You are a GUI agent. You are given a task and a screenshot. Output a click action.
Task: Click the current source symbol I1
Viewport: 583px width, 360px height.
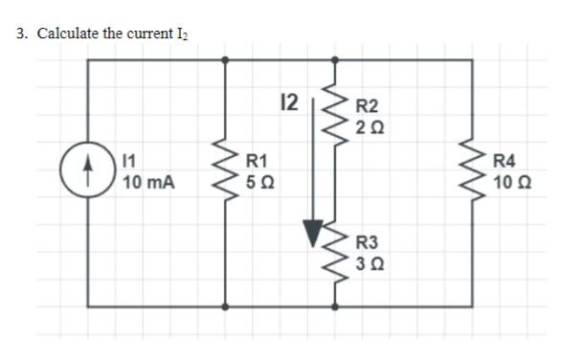point(88,174)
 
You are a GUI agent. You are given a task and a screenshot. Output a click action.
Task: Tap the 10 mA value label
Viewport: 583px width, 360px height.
point(148,183)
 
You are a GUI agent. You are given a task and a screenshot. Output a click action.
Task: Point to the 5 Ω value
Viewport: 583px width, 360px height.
point(258,182)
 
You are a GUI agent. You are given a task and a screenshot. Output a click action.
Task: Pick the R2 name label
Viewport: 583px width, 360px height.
point(368,106)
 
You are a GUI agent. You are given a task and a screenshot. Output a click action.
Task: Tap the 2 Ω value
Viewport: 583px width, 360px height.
point(368,125)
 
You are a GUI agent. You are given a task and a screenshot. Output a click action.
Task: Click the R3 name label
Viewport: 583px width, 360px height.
point(368,243)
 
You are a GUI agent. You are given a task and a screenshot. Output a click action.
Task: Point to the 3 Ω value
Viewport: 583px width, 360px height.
point(368,262)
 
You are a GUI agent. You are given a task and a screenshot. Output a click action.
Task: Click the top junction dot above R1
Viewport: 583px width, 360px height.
point(226,58)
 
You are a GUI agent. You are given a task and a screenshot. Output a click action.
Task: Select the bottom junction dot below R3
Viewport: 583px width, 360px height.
point(334,308)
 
